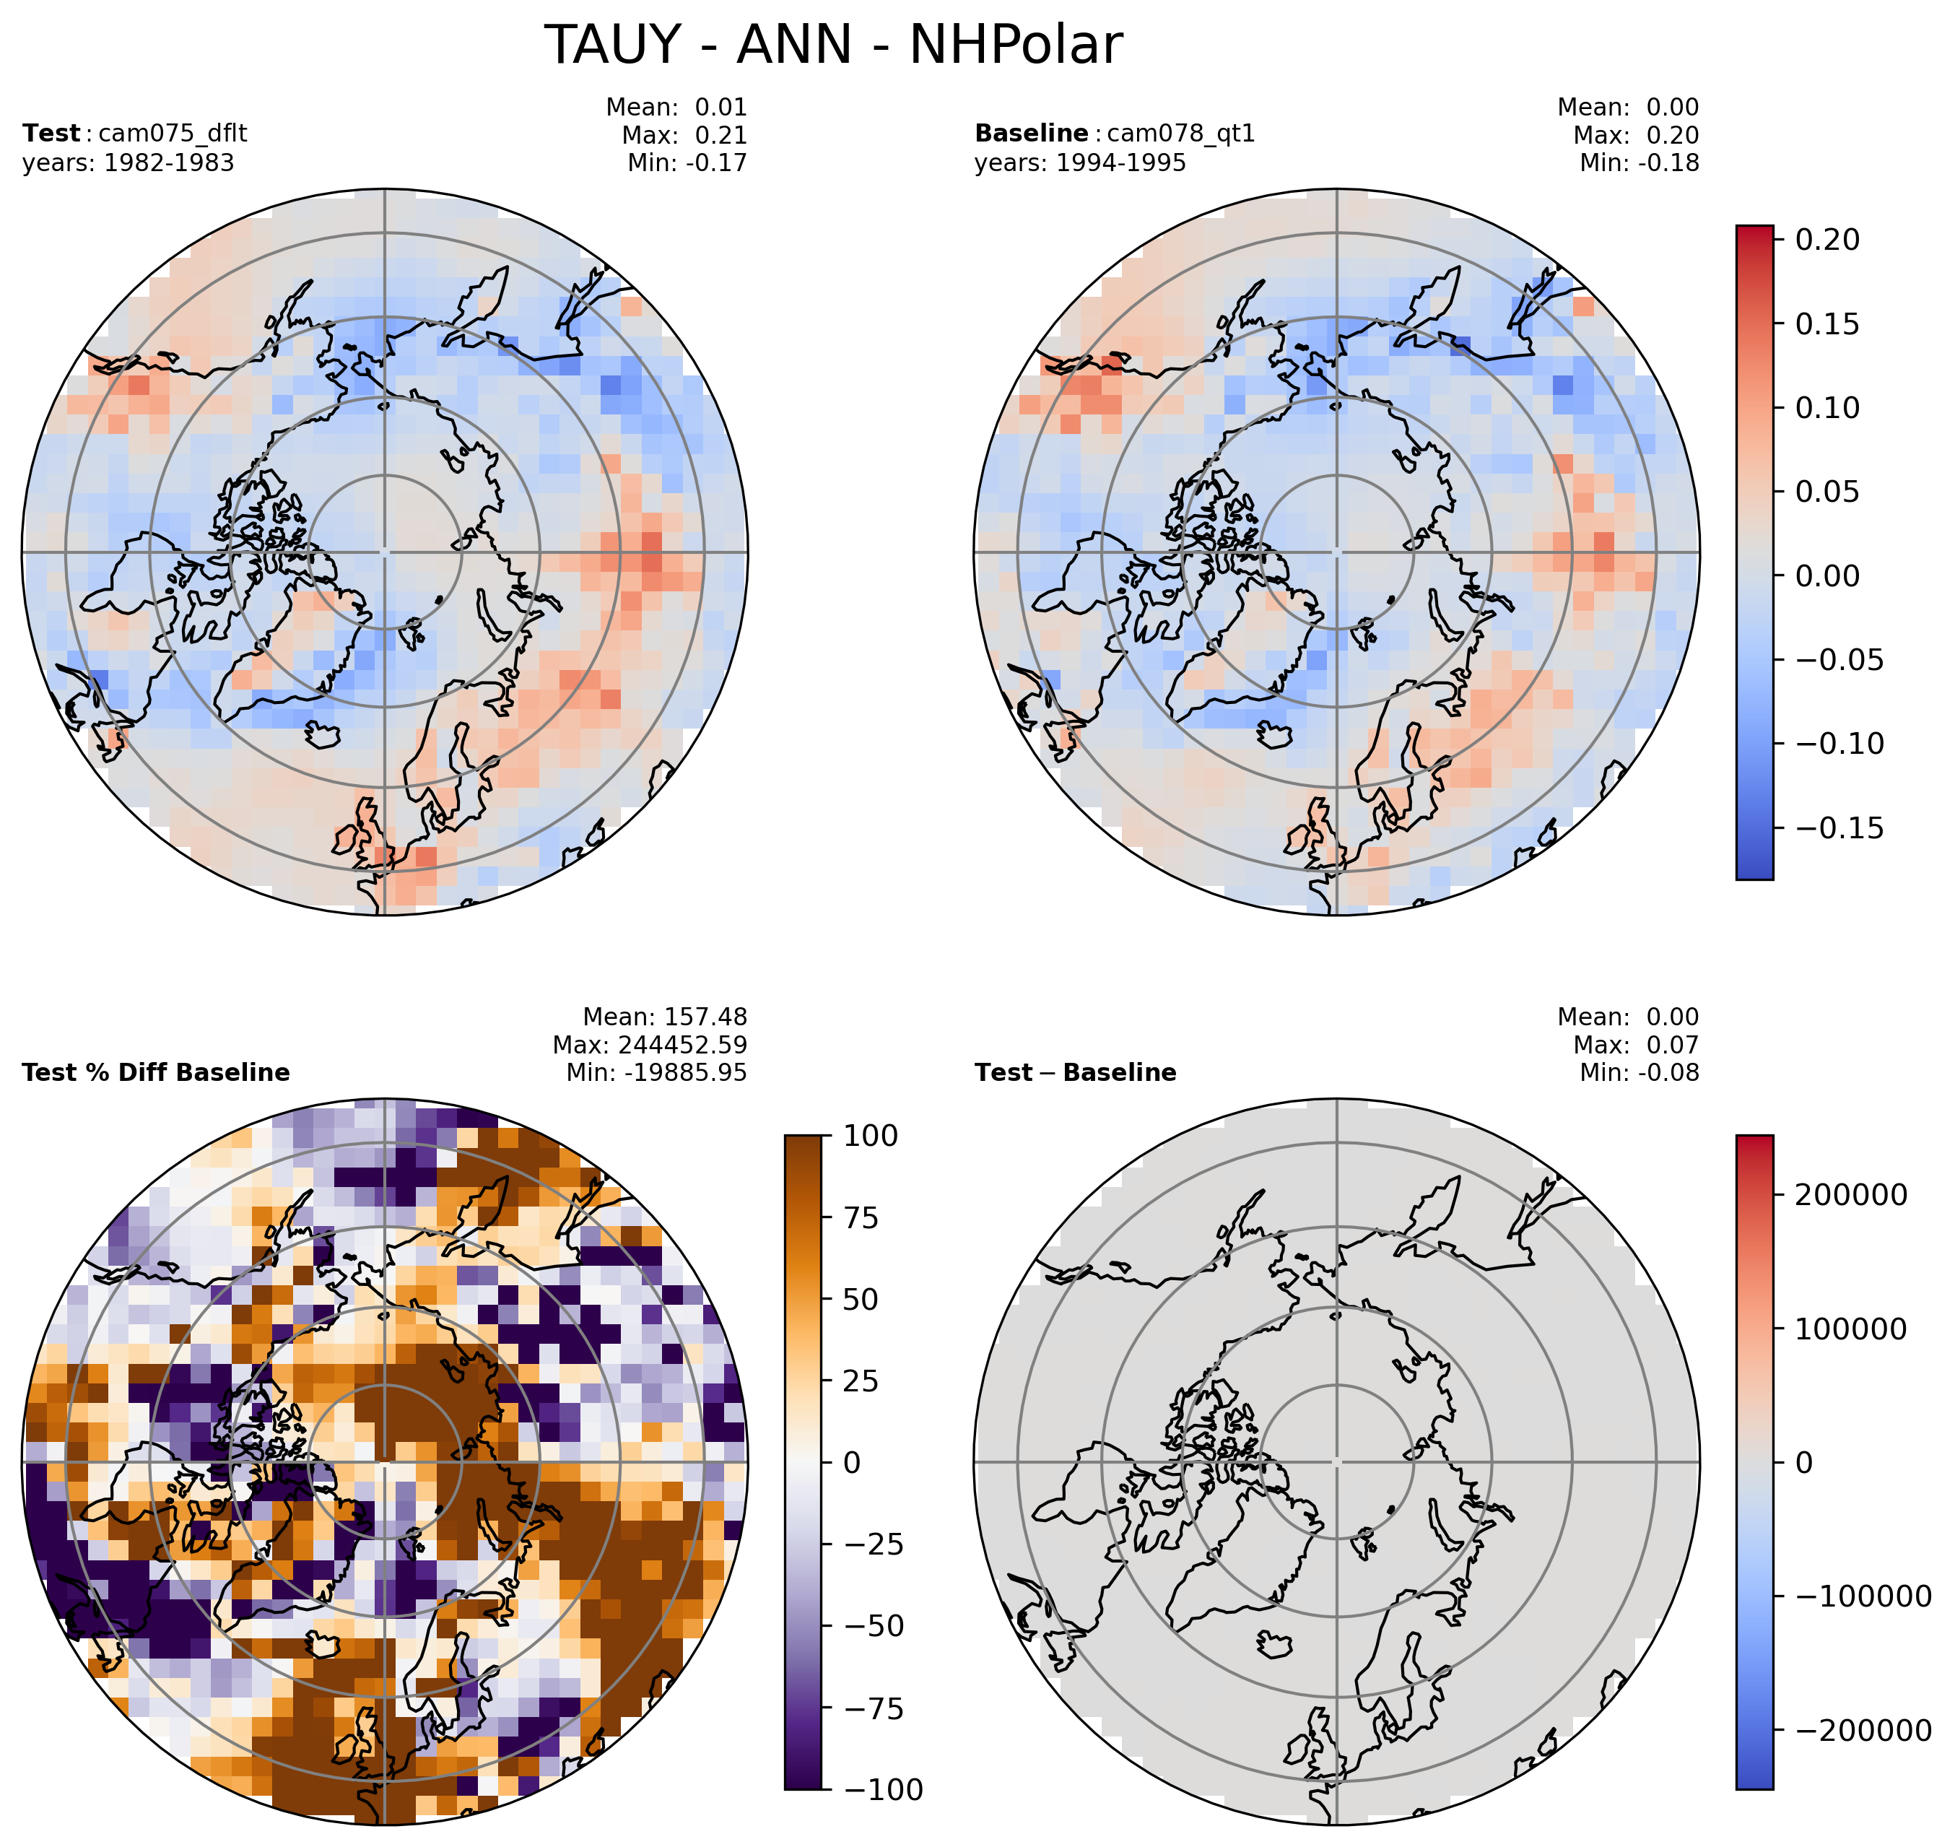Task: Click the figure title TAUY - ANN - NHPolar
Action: click(833, 45)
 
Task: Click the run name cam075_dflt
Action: click(173, 134)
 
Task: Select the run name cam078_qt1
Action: click(1181, 134)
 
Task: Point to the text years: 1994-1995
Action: click(1080, 163)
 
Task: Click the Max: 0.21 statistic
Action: click(684, 136)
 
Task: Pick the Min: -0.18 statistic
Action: click(1639, 163)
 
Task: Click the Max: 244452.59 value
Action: click(650, 1045)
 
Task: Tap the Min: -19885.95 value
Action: click(656, 1073)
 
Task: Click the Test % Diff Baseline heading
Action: click(155, 1073)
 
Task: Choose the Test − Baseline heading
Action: click(1075, 1073)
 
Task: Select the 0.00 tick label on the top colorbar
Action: click(1828, 576)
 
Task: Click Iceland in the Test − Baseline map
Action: click(1276, 1643)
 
